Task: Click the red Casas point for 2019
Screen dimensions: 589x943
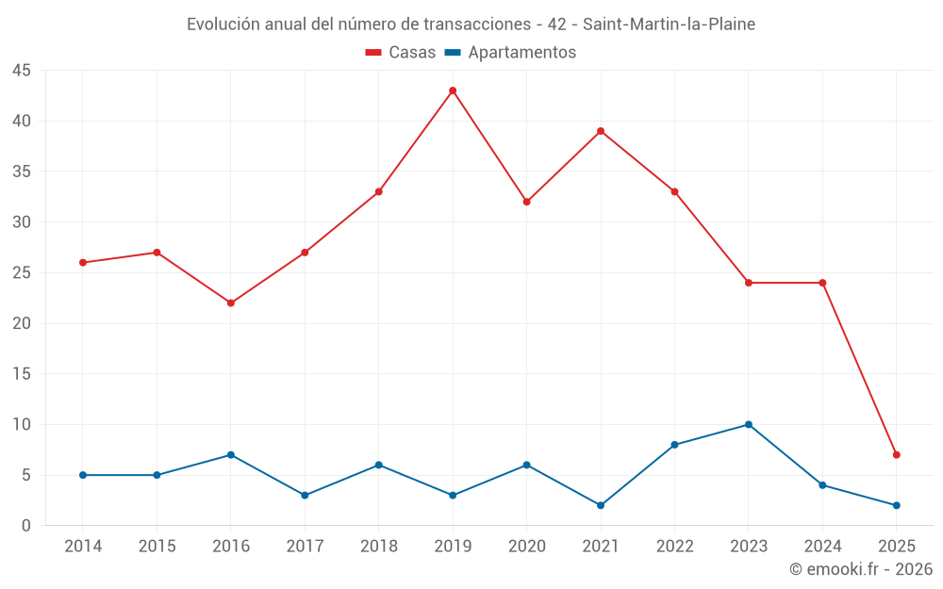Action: (x=453, y=90)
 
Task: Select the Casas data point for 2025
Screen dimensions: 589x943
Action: (x=896, y=454)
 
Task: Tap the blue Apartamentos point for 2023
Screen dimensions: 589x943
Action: (x=748, y=424)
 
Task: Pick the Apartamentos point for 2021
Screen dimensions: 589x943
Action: (x=601, y=505)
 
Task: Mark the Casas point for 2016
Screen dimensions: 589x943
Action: (x=230, y=303)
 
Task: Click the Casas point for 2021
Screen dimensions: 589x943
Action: (x=601, y=131)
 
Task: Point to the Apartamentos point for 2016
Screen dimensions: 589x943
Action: (x=230, y=454)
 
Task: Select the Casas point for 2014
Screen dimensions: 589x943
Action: (x=83, y=262)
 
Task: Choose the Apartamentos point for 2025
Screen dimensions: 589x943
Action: (x=896, y=505)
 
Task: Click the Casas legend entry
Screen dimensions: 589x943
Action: (x=401, y=53)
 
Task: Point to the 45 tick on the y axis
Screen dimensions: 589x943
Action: (x=22, y=71)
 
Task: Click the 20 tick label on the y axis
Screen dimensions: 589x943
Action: (x=22, y=323)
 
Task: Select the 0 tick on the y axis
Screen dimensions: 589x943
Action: (x=26, y=525)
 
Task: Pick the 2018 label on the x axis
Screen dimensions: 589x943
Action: (x=378, y=547)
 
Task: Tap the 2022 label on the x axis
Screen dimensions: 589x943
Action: (x=674, y=547)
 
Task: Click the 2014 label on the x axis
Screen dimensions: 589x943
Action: (x=83, y=547)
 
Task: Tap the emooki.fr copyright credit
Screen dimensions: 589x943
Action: (x=861, y=569)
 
